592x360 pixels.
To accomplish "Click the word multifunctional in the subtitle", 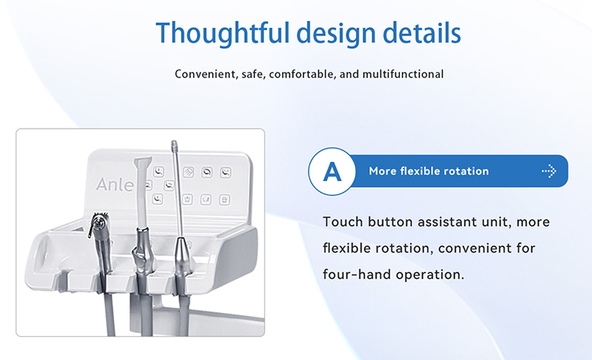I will pos(403,74).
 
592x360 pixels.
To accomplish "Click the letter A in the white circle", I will pos(332,171).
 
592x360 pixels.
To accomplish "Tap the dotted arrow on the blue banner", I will pos(549,171).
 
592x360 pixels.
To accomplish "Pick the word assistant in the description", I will pos(452,222).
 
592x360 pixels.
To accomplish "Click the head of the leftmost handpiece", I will pos(100,223).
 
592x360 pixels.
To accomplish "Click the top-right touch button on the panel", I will pos(225,171).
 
